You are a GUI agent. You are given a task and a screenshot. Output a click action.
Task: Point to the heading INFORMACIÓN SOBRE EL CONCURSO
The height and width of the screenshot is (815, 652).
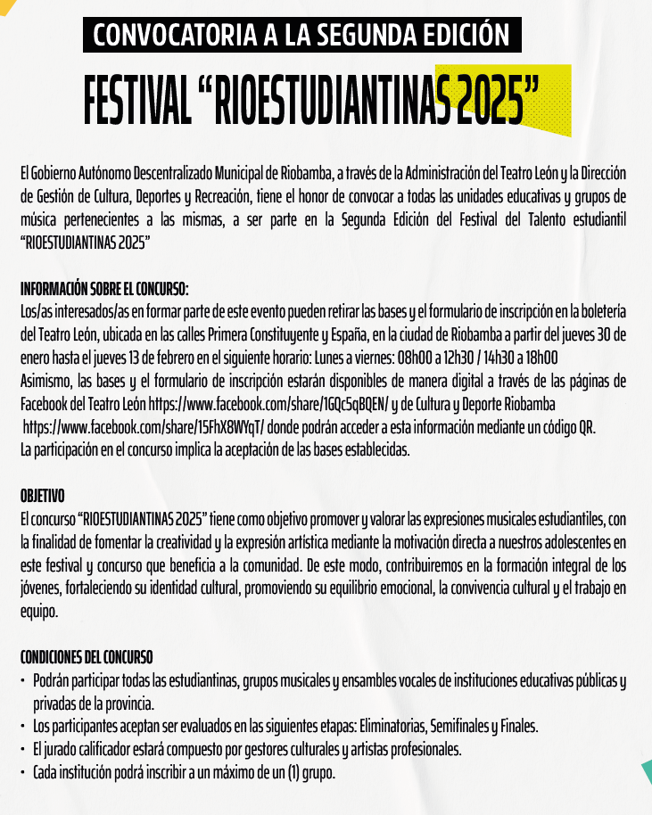click(x=104, y=290)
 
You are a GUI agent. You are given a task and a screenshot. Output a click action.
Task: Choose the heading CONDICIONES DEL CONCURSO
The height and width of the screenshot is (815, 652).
click(x=87, y=658)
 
